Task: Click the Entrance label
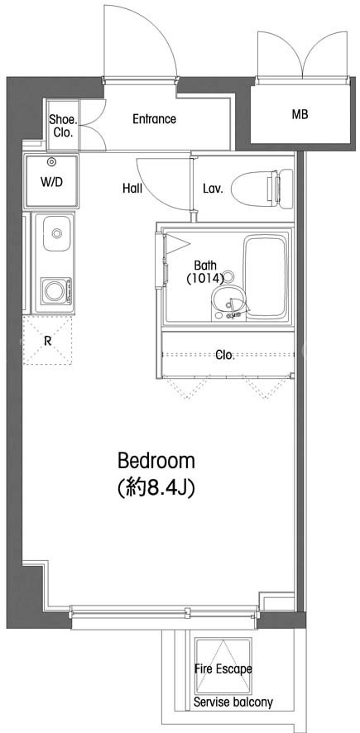(x=154, y=119)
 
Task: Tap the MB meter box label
(x=300, y=113)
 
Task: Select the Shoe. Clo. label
(x=62, y=125)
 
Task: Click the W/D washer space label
(x=51, y=182)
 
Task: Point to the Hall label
(x=132, y=189)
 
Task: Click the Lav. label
(x=213, y=189)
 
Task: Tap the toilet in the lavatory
(x=262, y=189)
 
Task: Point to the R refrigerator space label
(x=47, y=340)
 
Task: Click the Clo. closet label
(x=225, y=355)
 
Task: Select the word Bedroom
(x=156, y=461)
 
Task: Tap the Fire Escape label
(x=223, y=669)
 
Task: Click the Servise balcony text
(x=233, y=702)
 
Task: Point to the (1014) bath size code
(x=204, y=278)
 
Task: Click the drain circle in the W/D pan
(x=51, y=162)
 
